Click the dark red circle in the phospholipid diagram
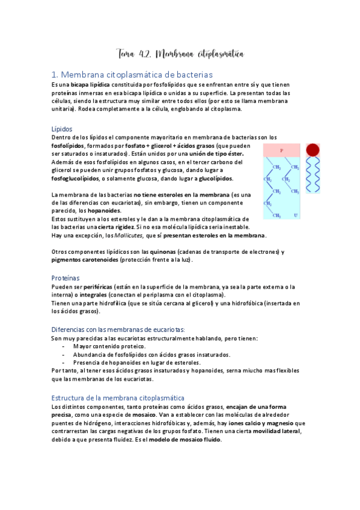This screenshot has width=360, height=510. click(x=313, y=150)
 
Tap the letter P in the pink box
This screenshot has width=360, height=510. click(x=281, y=150)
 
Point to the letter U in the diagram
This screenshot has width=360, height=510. click(x=296, y=215)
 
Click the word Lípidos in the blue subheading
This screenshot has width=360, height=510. click(x=63, y=129)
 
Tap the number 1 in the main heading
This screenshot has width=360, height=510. click(x=55, y=75)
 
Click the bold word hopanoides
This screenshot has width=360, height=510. click(x=107, y=210)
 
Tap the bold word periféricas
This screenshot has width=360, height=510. click(x=92, y=287)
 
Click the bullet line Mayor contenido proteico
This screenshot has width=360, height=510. click(x=109, y=346)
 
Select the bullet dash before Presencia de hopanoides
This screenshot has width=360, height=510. click(x=63, y=363)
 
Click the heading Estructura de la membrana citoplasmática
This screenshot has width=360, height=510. click(x=118, y=398)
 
